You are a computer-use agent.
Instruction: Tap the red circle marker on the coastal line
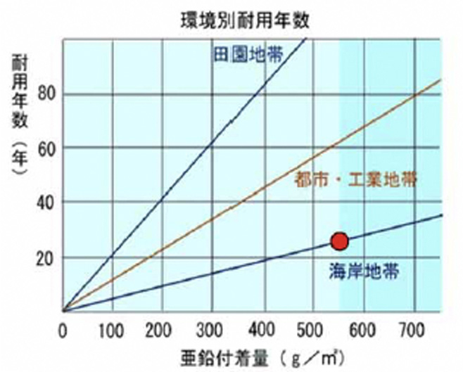(340, 241)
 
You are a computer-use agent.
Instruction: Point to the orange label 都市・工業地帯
(355, 179)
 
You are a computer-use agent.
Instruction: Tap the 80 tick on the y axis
(47, 94)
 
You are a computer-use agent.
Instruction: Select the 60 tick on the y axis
(47, 148)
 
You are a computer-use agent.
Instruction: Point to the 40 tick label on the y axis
(47, 202)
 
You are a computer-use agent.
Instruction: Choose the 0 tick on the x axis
(63, 329)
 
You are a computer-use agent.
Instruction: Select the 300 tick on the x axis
(213, 329)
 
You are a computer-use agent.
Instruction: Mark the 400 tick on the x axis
(262, 329)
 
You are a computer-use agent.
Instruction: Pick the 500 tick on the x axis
(312, 329)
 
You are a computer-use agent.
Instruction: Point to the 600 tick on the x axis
(362, 329)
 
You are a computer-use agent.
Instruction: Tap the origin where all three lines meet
(63, 311)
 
